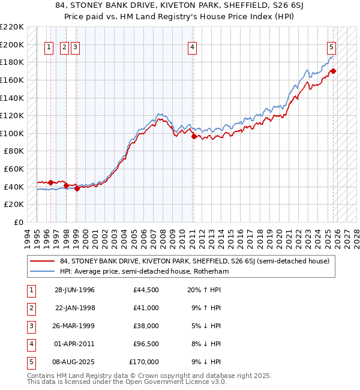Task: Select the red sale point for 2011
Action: [193, 136]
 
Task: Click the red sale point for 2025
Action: [333, 71]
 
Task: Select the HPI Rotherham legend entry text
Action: [144, 271]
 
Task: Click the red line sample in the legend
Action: [43, 261]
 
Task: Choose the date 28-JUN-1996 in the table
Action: [74, 290]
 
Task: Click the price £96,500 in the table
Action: [146, 344]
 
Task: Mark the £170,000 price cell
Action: [144, 362]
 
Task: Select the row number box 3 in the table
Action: [31, 326]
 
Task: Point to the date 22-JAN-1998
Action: [74, 308]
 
